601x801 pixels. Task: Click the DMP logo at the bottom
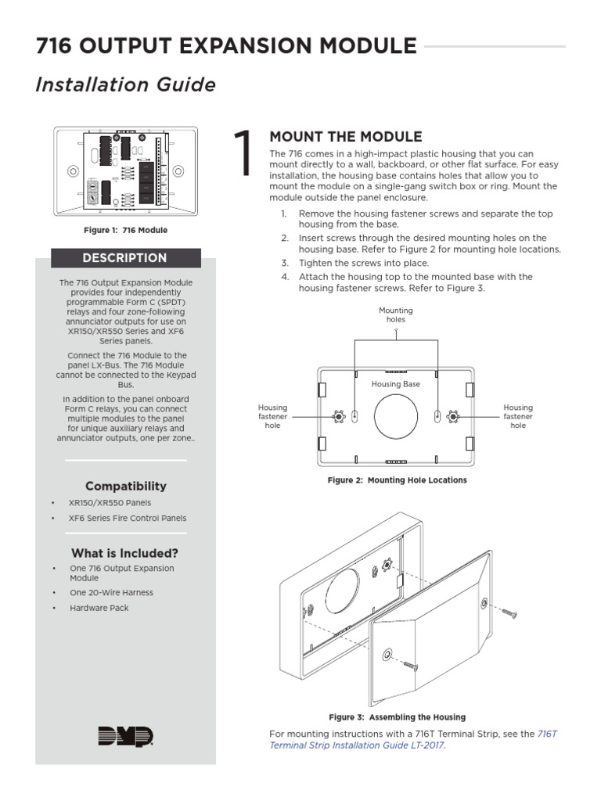click(125, 736)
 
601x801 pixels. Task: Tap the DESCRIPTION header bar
click(126, 258)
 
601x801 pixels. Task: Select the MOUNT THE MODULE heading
click(345, 137)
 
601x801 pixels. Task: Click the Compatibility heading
click(126, 486)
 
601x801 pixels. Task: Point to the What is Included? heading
click(125, 552)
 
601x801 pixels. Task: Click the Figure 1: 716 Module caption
click(126, 231)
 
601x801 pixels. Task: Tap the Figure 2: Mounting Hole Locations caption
click(397, 480)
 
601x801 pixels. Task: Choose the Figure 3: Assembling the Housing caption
click(397, 717)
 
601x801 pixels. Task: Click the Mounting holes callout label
click(396, 314)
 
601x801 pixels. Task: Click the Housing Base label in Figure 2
click(396, 384)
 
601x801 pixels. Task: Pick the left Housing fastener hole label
click(272, 416)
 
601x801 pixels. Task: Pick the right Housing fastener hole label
click(518, 416)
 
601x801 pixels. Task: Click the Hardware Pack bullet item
click(99, 608)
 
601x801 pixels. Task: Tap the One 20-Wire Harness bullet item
click(111, 592)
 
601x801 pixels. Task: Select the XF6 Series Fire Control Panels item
click(128, 518)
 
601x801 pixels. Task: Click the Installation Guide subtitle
click(125, 84)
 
